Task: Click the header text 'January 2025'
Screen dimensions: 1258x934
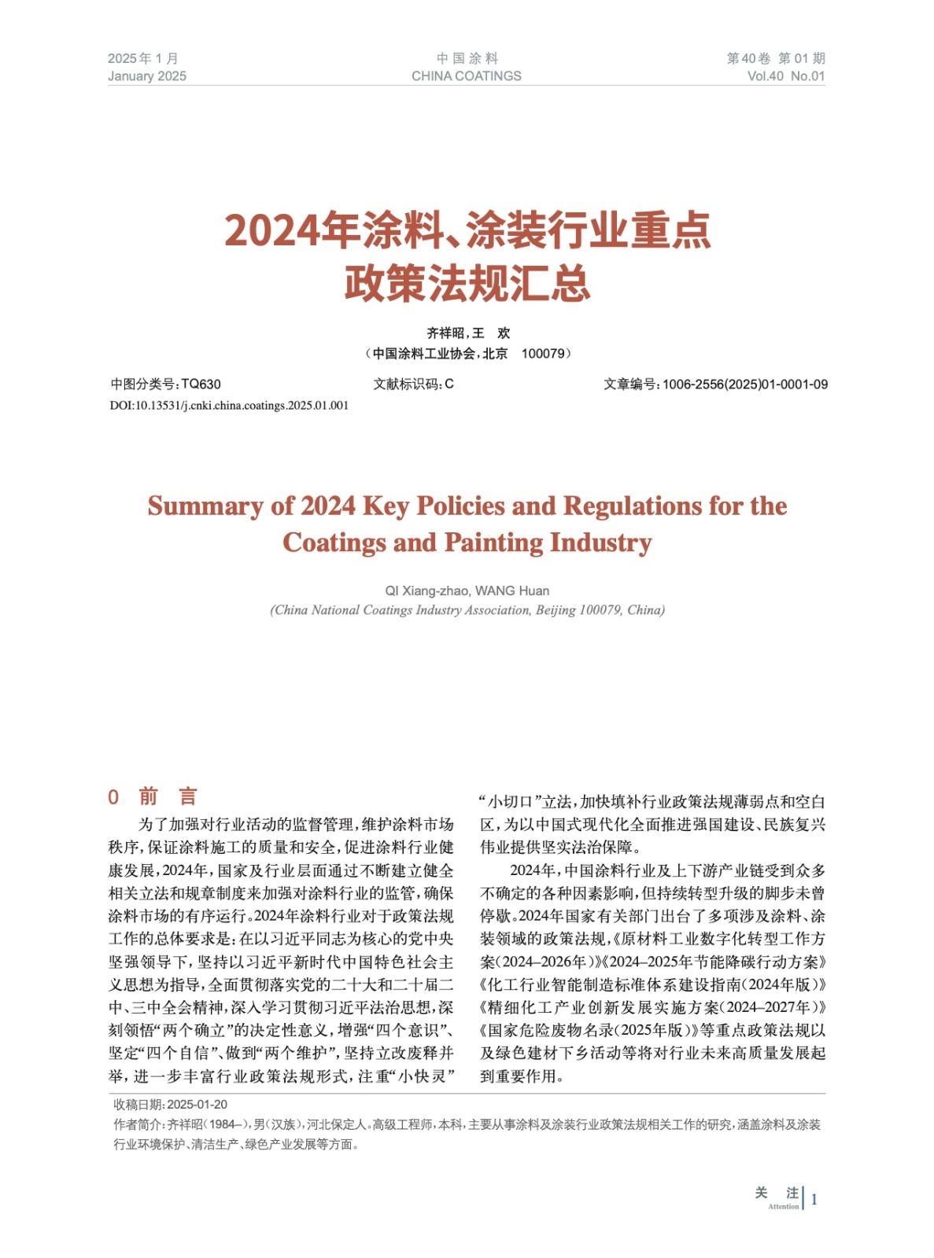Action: pyautogui.click(x=147, y=76)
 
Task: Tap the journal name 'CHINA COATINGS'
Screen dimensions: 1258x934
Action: pyautogui.click(x=466, y=76)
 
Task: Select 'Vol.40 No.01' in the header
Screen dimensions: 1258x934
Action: pyautogui.click(x=785, y=76)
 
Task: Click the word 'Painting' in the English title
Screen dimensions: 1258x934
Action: pyautogui.click(x=493, y=543)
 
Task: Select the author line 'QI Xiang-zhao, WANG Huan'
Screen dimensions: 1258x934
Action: pyautogui.click(x=467, y=590)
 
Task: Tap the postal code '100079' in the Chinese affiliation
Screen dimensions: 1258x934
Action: pyautogui.click(x=543, y=354)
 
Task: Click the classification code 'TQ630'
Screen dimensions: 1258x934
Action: pyautogui.click(x=201, y=384)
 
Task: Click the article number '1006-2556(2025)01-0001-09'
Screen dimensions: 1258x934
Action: pyautogui.click(x=744, y=384)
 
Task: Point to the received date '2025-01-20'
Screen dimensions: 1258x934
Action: pyautogui.click(x=197, y=1105)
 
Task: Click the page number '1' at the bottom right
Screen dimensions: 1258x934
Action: pyautogui.click(x=814, y=1199)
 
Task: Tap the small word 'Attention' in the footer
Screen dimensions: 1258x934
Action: pyautogui.click(x=783, y=1206)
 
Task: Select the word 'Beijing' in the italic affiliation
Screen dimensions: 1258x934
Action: pyautogui.click(x=556, y=610)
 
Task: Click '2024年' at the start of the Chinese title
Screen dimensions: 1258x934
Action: pyautogui.click(x=272, y=231)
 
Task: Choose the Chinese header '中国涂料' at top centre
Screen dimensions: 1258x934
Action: pyautogui.click(x=467, y=58)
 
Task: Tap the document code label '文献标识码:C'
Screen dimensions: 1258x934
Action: pyautogui.click(x=413, y=384)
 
